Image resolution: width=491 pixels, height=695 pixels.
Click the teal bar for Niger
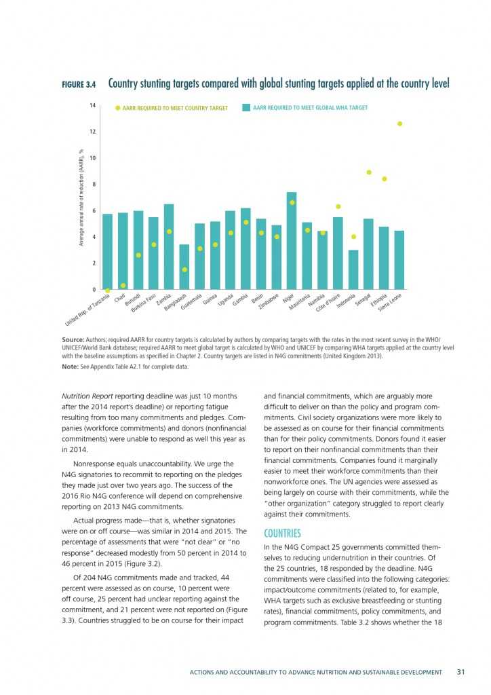292,241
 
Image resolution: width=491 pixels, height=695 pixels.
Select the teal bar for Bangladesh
184,267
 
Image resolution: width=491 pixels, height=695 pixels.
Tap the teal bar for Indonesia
353,269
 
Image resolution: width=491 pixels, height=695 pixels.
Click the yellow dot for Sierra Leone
399,124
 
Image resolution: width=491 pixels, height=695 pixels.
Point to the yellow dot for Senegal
369,172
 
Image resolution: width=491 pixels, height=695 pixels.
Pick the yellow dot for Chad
123,285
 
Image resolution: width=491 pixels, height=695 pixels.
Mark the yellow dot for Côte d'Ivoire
338,206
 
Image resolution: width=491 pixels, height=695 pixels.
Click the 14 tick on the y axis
93,105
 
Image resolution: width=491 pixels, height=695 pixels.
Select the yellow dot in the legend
117,107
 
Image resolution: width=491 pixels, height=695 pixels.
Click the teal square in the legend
246,107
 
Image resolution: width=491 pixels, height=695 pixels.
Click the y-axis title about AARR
81,198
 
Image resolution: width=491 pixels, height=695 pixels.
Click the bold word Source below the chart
73,337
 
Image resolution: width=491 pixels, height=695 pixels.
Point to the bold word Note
70,367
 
